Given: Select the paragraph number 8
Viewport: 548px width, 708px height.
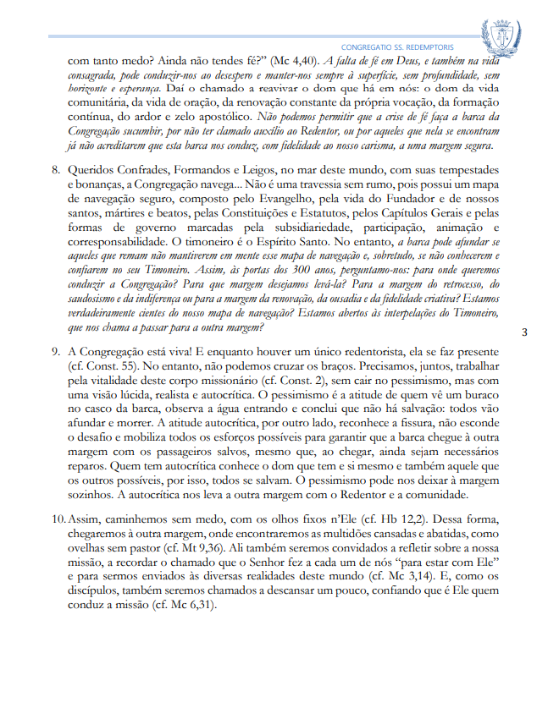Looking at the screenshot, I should (x=54, y=171).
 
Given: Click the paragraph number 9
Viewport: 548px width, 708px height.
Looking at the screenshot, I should (x=54, y=351).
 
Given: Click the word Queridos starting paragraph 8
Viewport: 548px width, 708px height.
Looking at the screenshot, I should (x=92, y=171).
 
